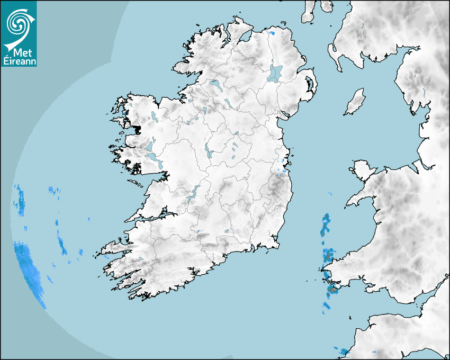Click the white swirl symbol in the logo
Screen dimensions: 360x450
pyautogui.click(x=19, y=23)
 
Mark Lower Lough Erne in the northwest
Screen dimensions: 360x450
pyautogui.click(x=215, y=84)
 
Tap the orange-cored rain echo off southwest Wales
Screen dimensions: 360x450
pyautogui.click(x=332, y=290)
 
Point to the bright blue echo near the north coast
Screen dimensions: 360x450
pyautogui.click(x=272, y=34)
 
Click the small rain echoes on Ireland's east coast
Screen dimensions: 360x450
pyautogui.click(x=281, y=169)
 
